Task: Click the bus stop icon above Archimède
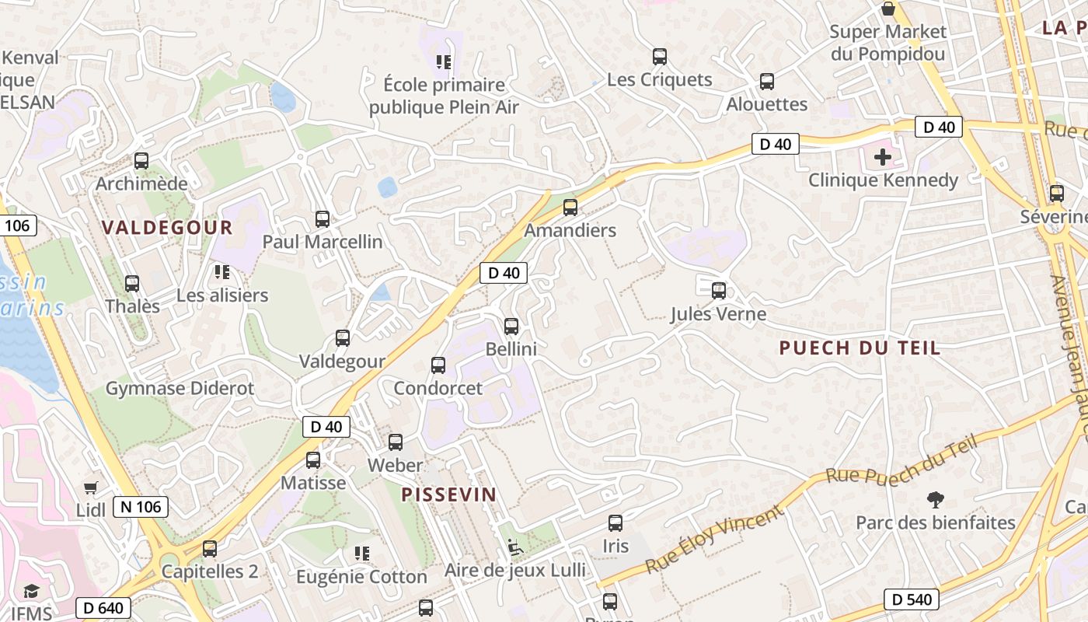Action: coord(141,161)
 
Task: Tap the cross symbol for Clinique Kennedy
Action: coord(883,157)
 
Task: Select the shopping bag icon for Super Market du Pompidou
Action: coord(888,9)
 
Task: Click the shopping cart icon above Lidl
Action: coord(91,487)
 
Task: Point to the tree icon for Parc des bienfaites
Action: coord(936,500)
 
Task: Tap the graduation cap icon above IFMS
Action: coord(31,592)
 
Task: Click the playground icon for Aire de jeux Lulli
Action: coord(514,547)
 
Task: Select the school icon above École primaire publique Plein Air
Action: coord(444,61)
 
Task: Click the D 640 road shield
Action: coord(103,608)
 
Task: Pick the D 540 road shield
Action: coord(912,599)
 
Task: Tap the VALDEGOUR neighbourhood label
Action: coord(167,228)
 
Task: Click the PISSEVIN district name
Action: coord(448,494)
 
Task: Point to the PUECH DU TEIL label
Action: coord(860,348)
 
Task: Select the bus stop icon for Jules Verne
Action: coord(719,291)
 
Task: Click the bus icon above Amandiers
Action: coord(570,207)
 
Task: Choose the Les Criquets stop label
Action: coord(659,79)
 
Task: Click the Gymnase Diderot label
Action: coord(180,388)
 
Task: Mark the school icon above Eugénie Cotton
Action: coord(361,554)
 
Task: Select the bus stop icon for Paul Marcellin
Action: coord(323,219)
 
